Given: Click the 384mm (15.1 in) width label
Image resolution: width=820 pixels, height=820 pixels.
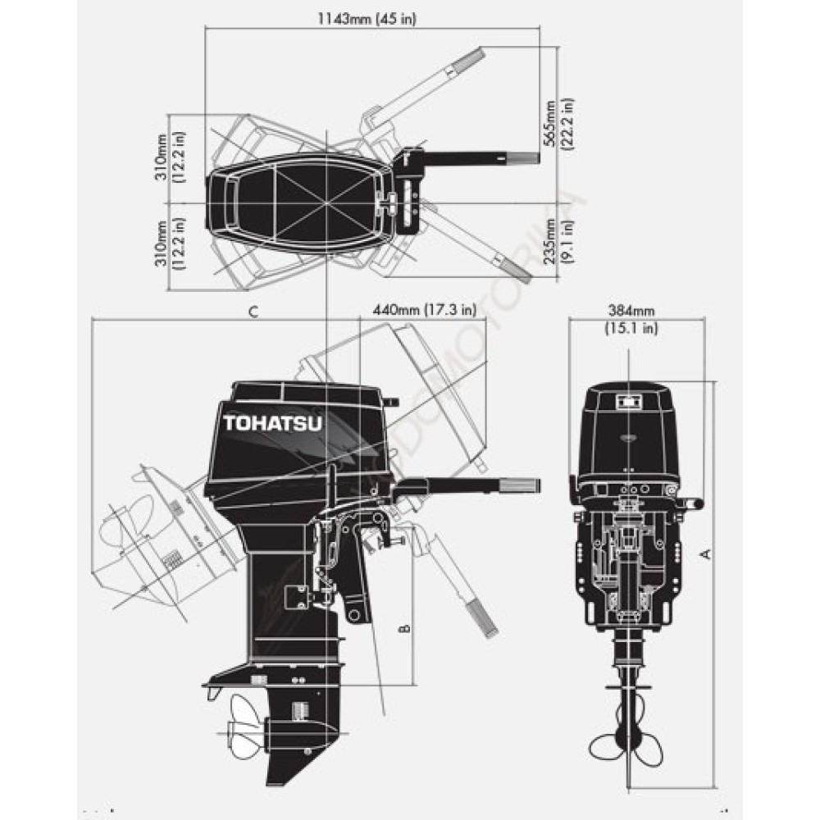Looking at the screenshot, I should (x=631, y=320).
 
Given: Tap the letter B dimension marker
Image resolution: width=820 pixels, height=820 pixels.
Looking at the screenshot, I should (x=403, y=629).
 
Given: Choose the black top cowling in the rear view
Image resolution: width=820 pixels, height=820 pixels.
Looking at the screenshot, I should (x=628, y=430).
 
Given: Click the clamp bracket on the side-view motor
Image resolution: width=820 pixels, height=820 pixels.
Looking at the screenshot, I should (x=354, y=574).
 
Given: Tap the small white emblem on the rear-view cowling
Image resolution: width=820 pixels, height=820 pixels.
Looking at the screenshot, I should (x=628, y=403).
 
